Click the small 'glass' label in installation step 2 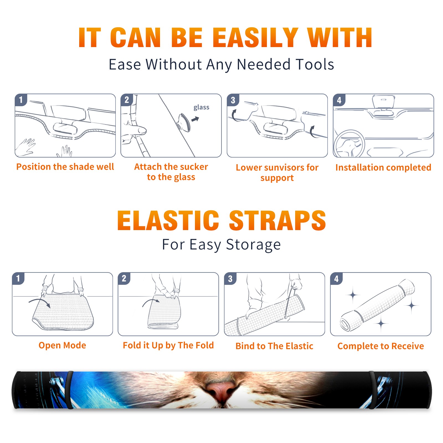(201, 107)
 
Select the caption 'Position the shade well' (65, 167)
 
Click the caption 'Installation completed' (383, 168)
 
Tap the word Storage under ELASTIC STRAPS (253, 245)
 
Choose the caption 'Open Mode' (62, 345)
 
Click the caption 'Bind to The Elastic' (274, 346)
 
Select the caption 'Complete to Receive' (381, 346)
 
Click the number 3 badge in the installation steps (233, 100)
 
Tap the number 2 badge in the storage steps (124, 278)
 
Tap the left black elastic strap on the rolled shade (70, 390)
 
